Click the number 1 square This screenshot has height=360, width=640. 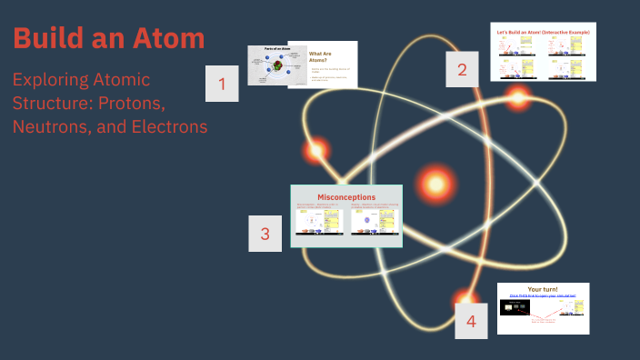[223, 86]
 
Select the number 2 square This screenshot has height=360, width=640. [463, 68]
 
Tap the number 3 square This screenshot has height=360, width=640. [265, 233]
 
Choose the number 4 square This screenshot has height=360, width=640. [471, 320]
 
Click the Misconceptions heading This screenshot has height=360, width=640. [346, 196]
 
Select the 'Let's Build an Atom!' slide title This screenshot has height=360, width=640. [543, 32]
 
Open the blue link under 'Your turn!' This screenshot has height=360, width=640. [543, 296]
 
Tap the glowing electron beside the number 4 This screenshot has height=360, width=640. [467, 297]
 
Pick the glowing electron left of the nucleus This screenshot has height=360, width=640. [317, 151]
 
